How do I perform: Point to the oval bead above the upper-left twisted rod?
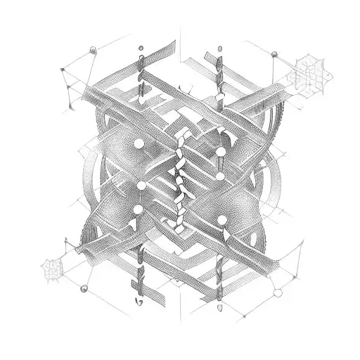141,49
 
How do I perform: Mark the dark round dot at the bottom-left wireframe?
84,288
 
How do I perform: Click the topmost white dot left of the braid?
139,143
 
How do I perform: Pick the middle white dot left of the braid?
141,186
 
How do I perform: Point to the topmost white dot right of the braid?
221,151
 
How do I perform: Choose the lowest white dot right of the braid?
222,221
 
